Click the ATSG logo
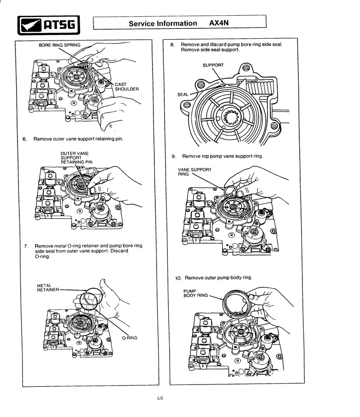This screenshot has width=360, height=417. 49,25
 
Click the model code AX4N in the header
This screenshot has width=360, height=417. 219,23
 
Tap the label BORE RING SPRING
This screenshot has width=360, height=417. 59,45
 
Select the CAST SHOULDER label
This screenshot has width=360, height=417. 127,87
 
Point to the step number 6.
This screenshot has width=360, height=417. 25,139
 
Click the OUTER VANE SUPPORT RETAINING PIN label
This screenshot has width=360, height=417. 76,158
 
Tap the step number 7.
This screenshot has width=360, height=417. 26,246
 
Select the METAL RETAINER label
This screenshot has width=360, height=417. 48,287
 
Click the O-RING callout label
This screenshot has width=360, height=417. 130,338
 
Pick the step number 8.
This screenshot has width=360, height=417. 172,45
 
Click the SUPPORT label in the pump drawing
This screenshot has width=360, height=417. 213,65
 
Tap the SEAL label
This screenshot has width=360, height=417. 183,95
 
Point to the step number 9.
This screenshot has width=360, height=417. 174,156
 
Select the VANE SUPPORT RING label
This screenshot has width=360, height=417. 195,172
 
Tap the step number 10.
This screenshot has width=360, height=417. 178,278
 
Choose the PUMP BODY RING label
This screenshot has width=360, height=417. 196,293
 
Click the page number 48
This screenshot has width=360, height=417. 160,398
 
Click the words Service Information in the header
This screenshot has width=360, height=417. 163,23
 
